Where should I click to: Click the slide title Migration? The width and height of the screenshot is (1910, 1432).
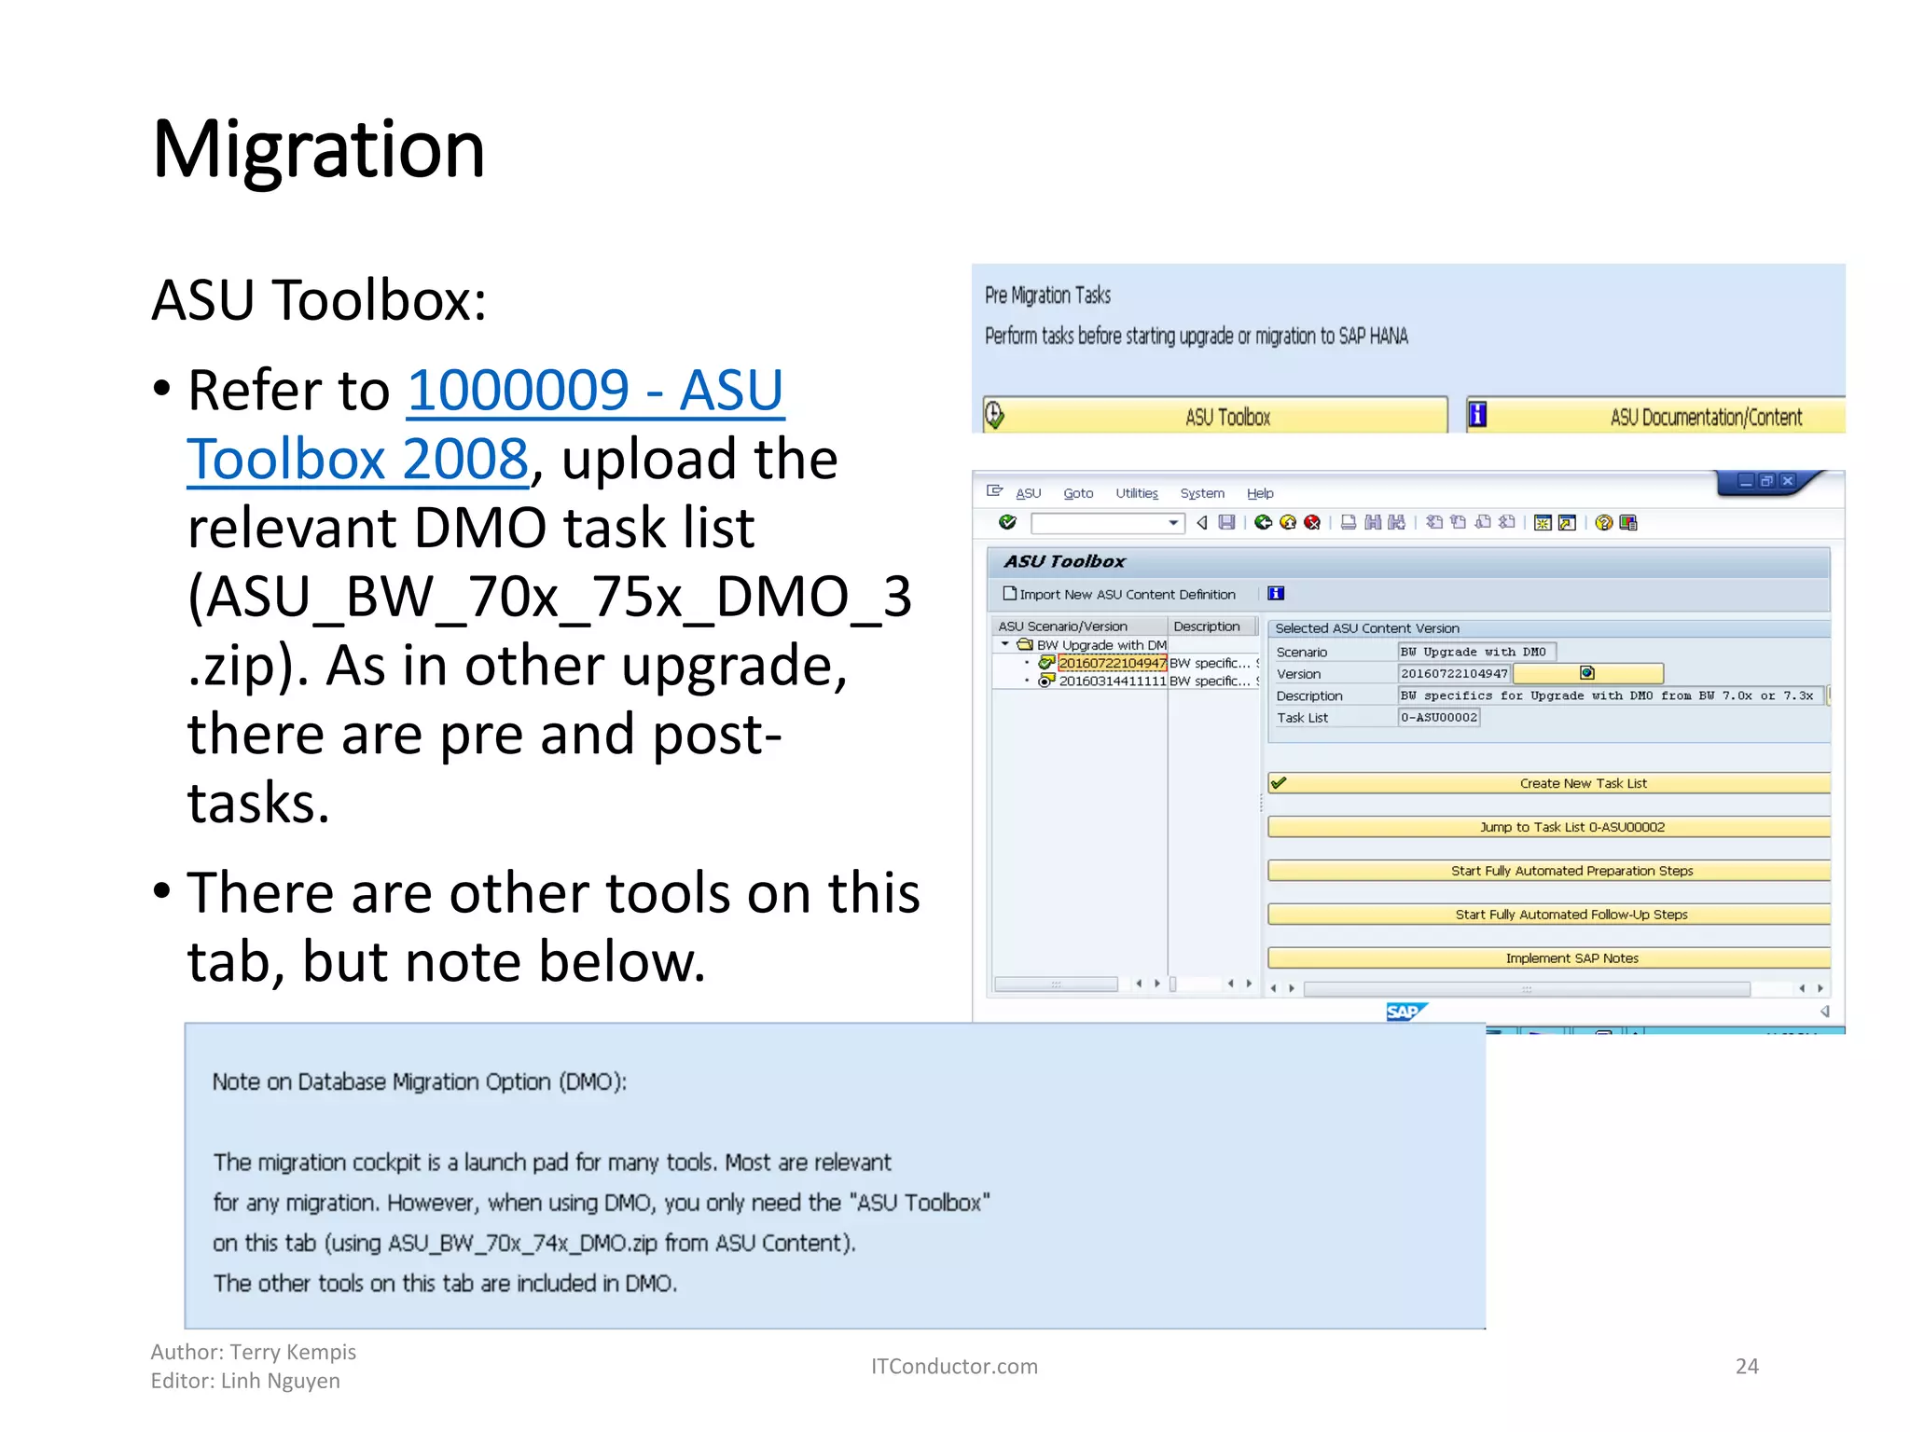pos(318,150)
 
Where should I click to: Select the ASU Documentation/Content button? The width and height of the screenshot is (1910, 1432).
pos(1656,417)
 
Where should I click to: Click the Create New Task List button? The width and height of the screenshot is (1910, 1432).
pos(1549,783)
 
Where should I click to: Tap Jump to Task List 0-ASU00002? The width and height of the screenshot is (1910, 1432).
pos(1549,827)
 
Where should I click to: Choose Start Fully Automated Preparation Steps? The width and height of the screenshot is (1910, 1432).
pos(1549,871)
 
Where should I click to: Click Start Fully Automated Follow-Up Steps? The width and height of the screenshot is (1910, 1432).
pos(1549,915)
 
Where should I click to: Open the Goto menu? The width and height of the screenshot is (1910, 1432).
pos(1078,493)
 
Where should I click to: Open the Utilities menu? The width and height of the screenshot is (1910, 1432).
pos(1136,493)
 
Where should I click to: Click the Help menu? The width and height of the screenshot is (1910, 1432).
pos(1259,493)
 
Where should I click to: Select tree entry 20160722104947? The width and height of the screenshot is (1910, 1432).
pos(1112,663)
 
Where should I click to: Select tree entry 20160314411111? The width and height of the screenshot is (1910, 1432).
pos(1112,682)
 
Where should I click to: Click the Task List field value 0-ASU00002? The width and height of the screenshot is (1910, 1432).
pos(1438,718)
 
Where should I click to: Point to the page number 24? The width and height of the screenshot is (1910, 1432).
pos(1746,1367)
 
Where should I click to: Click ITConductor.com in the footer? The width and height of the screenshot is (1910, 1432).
pos(953,1367)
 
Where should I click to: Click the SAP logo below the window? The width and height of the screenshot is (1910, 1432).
pos(1405,1012)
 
